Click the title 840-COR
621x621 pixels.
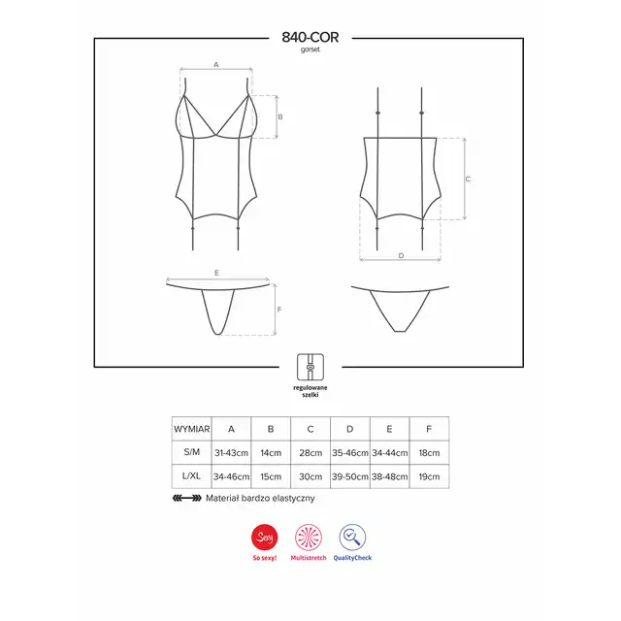coord(310,37)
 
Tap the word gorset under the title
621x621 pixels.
coord(310,49)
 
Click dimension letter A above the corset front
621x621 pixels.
coord(215,64)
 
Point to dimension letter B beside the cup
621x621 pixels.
coord(280,116)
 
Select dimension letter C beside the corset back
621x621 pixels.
coord(468,179)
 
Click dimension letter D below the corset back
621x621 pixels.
coord(401,256)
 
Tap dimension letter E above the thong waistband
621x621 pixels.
coord(216,273)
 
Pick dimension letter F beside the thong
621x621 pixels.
coord(279,310)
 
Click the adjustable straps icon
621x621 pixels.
coord(310,367)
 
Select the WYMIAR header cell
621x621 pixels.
coord(192,429)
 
